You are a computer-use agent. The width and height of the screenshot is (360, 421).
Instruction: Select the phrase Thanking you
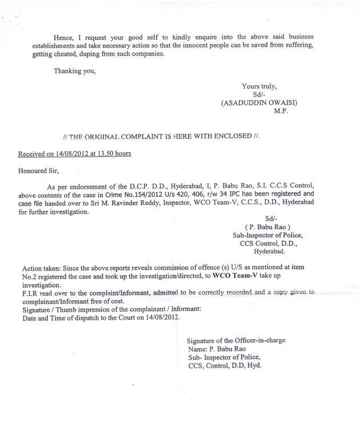point(74,71)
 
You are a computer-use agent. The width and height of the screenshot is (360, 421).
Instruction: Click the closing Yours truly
point(259,86)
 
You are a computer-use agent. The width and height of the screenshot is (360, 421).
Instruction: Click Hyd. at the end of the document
point(252,364)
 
